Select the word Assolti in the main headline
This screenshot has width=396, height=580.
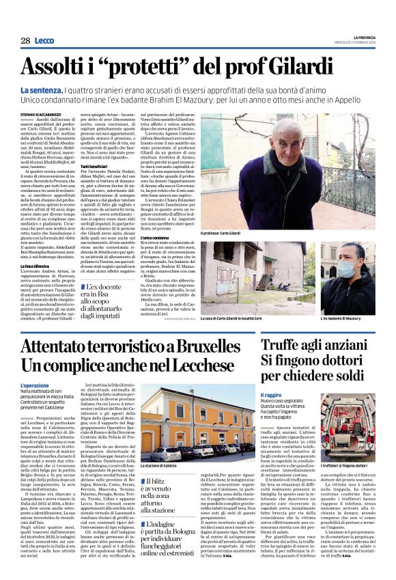click(55, 67)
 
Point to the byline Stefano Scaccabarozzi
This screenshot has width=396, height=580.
click(40, 114)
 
